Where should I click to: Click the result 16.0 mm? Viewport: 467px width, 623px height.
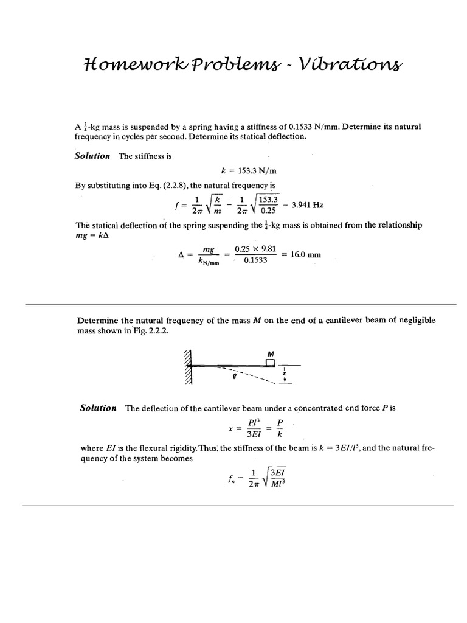pos(306,255)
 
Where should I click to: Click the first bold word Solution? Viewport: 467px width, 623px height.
pos(92,156)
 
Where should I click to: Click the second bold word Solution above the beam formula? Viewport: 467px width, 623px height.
pos(98,408)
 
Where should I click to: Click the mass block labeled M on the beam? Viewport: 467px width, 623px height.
pos(270,363)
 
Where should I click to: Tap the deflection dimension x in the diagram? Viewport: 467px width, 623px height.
pos(285,374)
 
